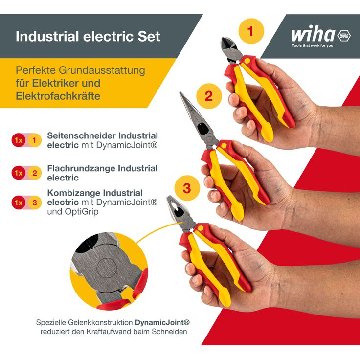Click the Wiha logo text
pyautogui.click(x=313, y=35)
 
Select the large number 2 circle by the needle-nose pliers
pyautogui.click(x=209, y=96)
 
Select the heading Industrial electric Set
pyautogui.click(x=88, y=37)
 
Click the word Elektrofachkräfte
pyautogui.click(x=58, y=96)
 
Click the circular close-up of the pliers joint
pyautogui.click(x=108, y=271)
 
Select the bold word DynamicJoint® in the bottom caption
pyautogui.click(x=162, y=323)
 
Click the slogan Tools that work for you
pyautogui.click(x=312, y=45)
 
